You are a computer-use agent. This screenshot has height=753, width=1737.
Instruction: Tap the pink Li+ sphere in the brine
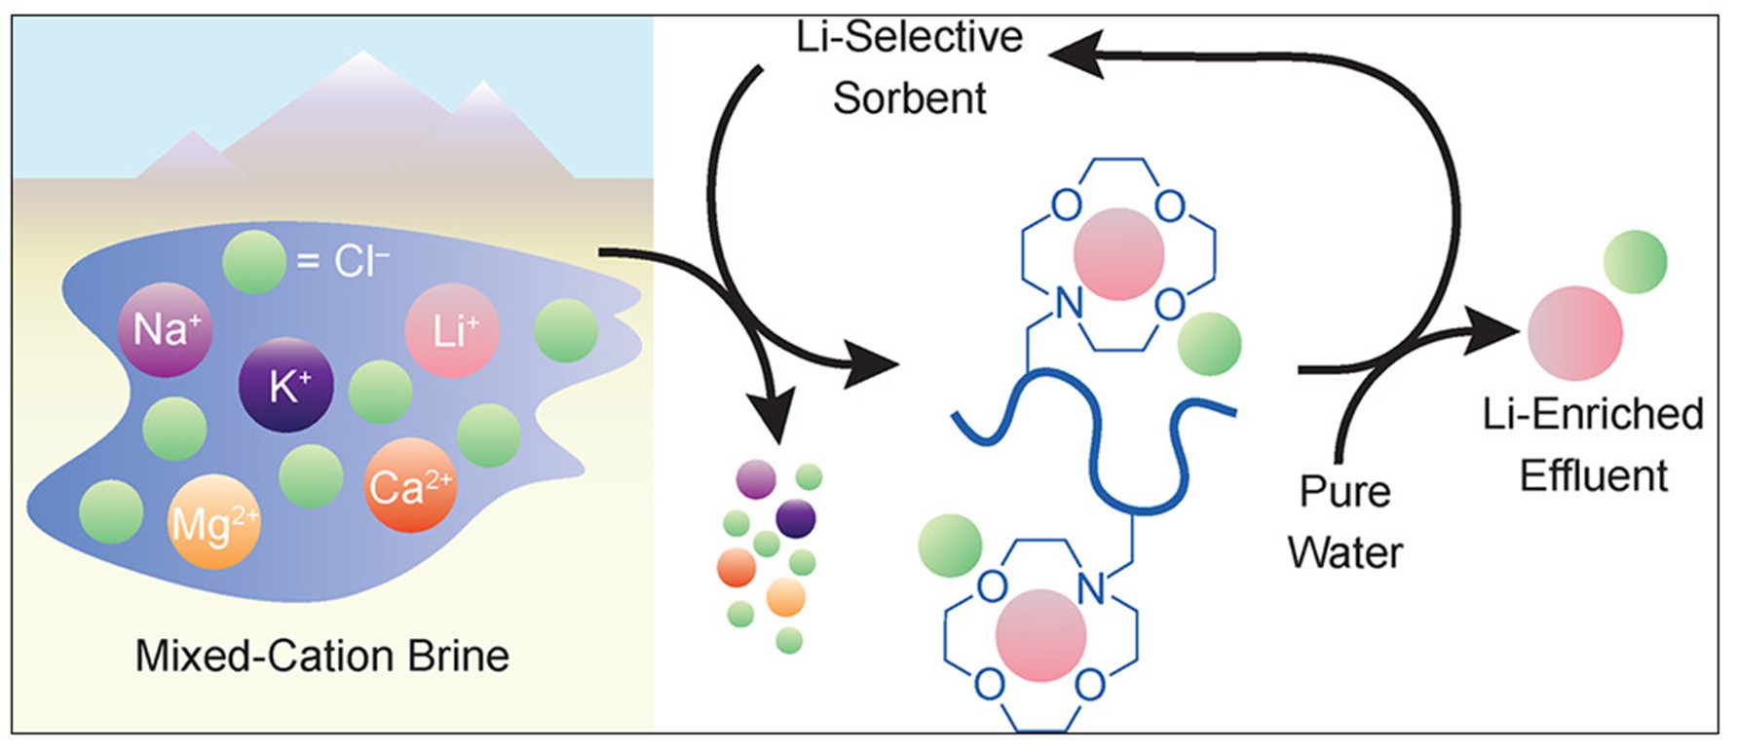click(452, 331)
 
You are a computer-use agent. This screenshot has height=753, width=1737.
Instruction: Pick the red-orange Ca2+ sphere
click(410, 485)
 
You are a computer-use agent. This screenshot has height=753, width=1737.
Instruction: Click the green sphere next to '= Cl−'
click(254, 261)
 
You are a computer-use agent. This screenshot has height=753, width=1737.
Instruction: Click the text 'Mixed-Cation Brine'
click(321, 656)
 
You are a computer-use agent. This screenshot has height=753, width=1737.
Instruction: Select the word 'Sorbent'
click(909, 98)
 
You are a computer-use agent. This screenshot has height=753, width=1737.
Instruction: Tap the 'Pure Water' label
click(1345, 522)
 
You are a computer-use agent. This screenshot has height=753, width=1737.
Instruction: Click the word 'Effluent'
click(1594, 475)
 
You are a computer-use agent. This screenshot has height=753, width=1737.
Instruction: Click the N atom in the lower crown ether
click(1093, 588)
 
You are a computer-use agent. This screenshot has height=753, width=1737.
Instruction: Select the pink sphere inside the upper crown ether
click(1119, 253)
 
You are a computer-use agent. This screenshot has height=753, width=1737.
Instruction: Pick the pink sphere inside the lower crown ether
click(1040, 635)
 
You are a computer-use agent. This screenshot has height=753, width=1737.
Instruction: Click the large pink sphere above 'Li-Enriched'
click(1574, 333)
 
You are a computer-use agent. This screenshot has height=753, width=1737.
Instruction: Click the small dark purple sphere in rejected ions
click(796, 518)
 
